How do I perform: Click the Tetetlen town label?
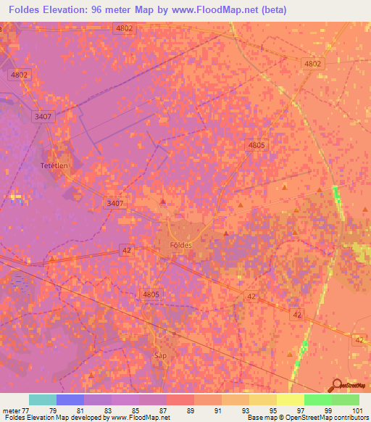(x=54, y=165)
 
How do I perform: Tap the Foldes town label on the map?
(x=180, y=245)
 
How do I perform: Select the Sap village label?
(x=161, y=356)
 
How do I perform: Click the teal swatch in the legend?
(x=42, y=400)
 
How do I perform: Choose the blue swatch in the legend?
(x=70, y=400)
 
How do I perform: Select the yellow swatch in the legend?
(x=291, y=400)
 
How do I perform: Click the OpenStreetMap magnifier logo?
(x=335, y=384)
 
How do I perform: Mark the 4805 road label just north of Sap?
(x=150, y=294)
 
